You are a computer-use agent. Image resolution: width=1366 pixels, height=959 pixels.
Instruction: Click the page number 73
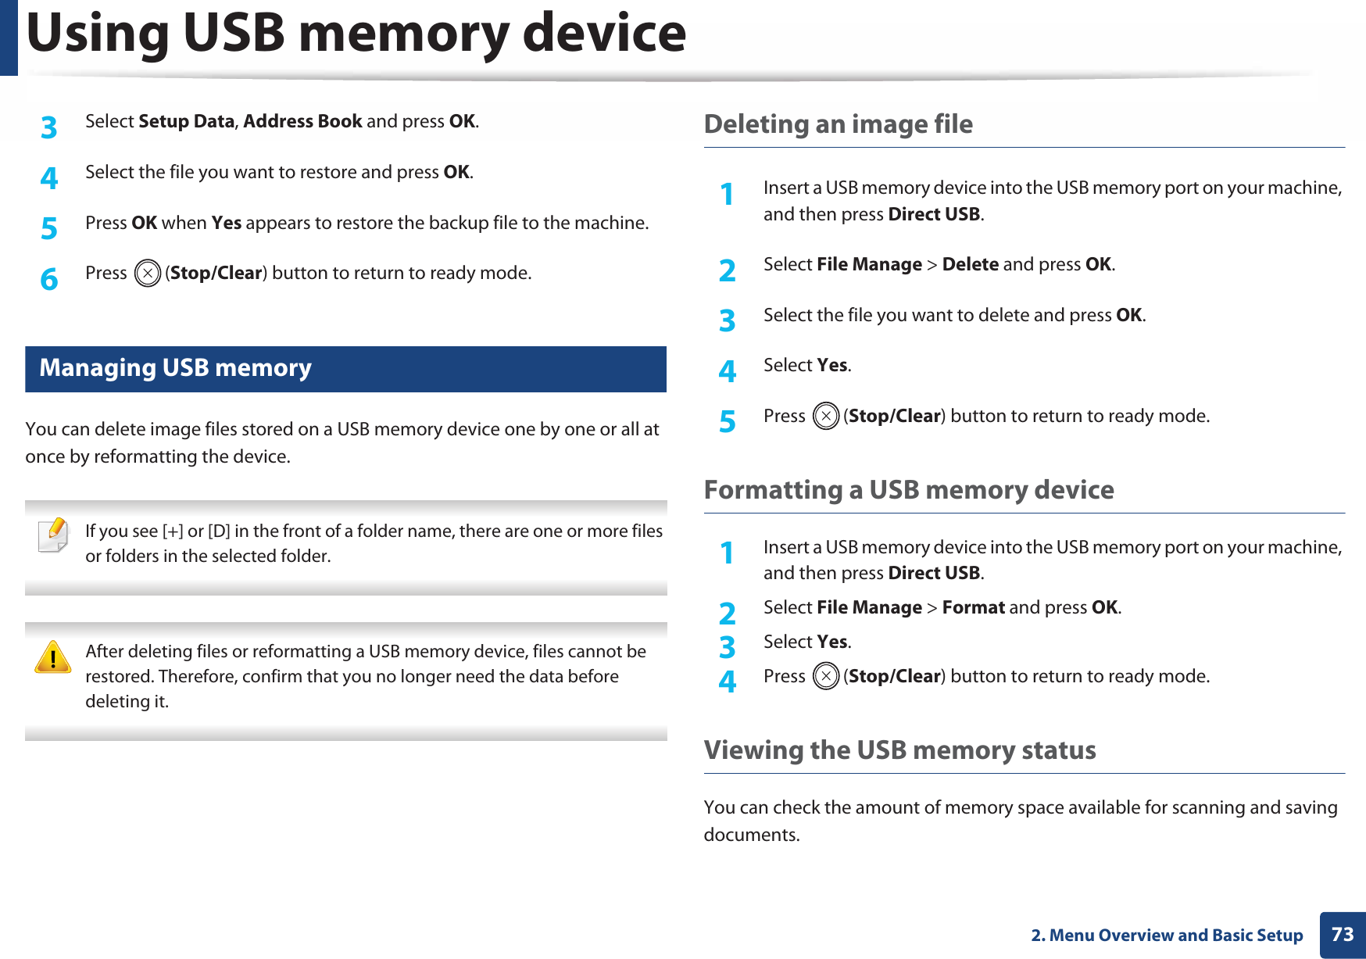tap(1343, 935)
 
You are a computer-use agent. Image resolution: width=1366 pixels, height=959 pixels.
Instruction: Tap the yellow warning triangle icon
tap(53, 657)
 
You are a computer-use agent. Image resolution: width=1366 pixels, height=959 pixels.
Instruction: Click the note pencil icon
tap(53, 535)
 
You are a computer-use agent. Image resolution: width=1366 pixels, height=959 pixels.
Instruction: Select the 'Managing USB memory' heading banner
tap(345, 369)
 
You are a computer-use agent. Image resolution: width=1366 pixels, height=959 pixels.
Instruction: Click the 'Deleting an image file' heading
tap(838, 124)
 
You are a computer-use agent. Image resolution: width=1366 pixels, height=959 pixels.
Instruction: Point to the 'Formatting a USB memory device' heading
tap(909, 490)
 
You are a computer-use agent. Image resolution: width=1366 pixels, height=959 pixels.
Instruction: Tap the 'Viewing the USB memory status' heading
tap(899, 750)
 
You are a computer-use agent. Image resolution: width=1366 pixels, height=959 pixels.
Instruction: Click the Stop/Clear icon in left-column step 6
tap(148, 274)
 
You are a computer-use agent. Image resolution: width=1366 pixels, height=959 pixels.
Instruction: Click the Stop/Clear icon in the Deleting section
tap(826, 417)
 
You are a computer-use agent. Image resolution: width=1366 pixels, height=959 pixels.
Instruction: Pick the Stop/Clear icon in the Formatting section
tap(826, 676)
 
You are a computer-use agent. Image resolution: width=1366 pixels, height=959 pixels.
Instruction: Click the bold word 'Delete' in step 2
tap(970, 265)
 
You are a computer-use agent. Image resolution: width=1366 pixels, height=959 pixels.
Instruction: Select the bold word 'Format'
tap(973, 608)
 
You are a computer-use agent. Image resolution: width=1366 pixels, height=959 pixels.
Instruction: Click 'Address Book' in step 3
tap(302, 122)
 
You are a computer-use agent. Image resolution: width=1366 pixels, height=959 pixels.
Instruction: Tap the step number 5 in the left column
tap(49, 228)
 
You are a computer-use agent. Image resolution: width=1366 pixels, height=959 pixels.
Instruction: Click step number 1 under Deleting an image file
tap(728, 194)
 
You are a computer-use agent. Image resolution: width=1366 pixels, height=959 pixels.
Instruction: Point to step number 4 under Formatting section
tap(728, 682)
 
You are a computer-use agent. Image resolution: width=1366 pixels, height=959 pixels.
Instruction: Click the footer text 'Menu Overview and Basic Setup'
tap(1175, 936)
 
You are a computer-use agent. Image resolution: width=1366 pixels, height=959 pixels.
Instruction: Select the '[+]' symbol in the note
tap(173, 531)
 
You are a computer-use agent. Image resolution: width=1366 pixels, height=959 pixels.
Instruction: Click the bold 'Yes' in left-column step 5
tap(227, 224)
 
